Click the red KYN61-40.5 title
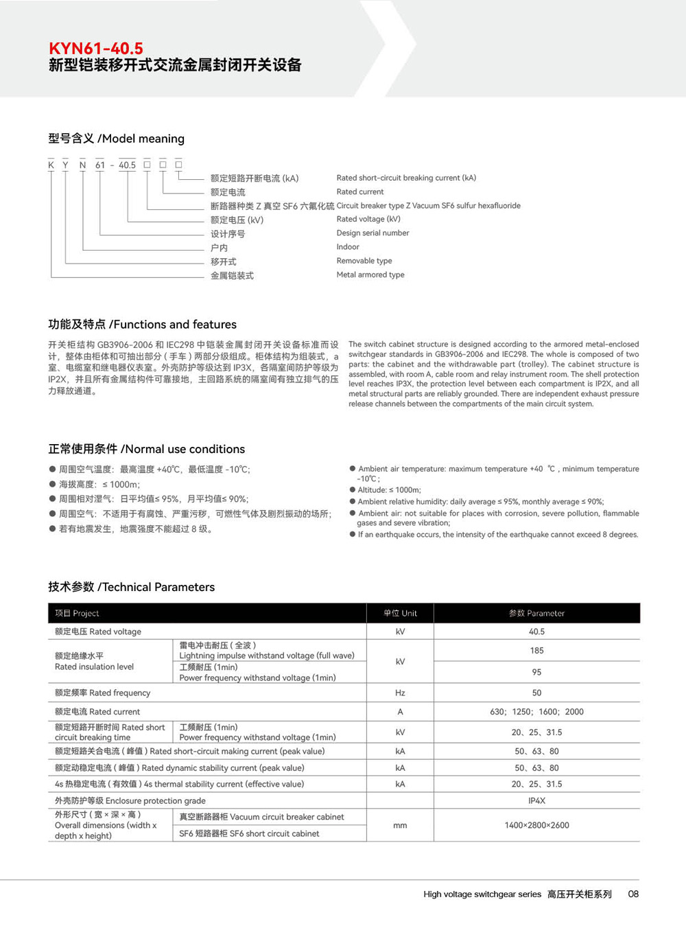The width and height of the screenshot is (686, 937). click(96, 49)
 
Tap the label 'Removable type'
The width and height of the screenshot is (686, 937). click(364, 261)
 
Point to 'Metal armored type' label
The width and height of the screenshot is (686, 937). click(370, 275)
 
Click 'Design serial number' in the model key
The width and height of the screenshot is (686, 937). click(372, 233)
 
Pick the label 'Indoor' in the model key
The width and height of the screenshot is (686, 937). click(348, 246)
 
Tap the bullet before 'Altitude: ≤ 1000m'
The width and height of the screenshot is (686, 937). click(353, 489)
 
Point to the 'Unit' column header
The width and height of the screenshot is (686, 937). click(400, 613)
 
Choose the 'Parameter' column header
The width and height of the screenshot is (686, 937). click(536, 613)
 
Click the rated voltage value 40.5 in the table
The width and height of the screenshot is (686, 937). click(536, 632)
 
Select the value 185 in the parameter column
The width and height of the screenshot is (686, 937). click(536, 651)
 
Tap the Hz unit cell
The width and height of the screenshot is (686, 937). click(400, 693)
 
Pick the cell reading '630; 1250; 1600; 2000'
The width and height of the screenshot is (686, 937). click(536, 712)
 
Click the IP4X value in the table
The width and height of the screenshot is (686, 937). click(536, 800)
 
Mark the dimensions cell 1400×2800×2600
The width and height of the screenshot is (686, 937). click(536, 825)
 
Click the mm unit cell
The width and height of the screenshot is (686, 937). click(400, 825)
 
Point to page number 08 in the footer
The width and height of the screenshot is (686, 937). click(633, 894)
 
